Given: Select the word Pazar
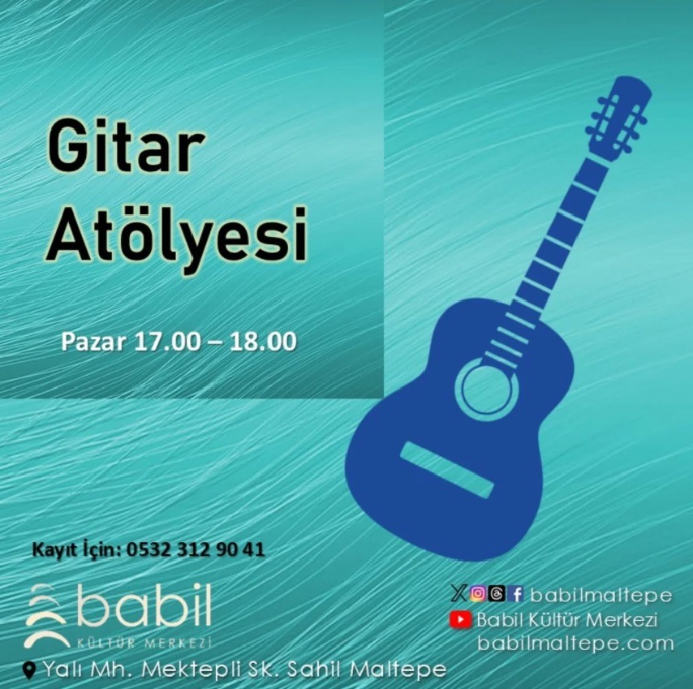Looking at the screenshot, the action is tap(93, 342).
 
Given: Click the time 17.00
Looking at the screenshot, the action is tap(166, 342).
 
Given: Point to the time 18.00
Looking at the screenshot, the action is tap(263, 342).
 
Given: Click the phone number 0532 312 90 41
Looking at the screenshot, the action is tap(196, 549).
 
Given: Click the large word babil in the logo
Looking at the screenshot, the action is tap(144, 604).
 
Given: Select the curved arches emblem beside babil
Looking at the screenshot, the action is tap(46, 616).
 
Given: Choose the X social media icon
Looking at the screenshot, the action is tap(458, 593).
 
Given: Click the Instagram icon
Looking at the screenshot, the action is tap(478, 593).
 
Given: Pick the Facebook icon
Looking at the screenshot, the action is tap(515, 593).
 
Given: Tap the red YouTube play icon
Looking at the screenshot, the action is tap(461, 620).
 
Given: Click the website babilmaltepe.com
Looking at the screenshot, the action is tap(576, 643).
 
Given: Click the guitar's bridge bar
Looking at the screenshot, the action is tap(447, 470).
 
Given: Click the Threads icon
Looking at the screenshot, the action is tap(497, 593).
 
